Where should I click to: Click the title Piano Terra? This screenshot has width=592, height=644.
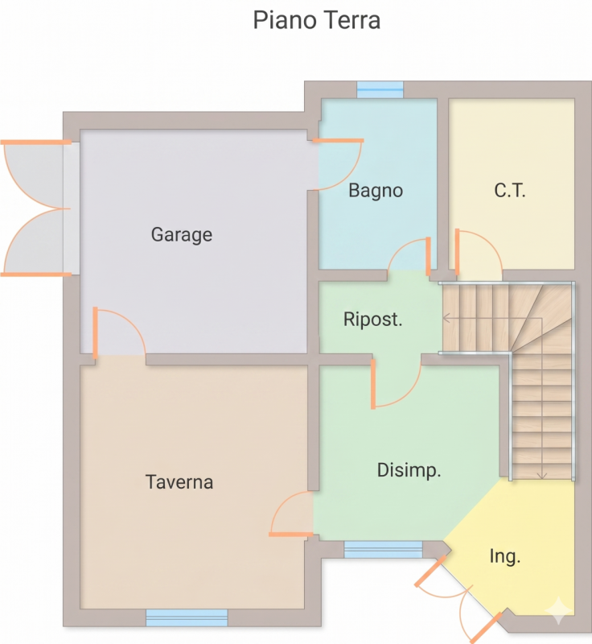tap(316, 20)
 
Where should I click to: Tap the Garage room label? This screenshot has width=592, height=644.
tap(182, 234)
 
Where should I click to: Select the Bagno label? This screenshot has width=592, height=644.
tap(376, 191)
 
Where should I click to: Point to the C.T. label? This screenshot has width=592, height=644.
tap(509, 191)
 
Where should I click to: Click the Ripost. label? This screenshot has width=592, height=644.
tap(372, 320)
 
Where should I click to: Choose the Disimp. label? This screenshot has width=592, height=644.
tap(409, 470)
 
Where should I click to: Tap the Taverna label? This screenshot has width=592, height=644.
tap(179, 482)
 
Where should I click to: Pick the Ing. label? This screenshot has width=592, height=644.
tap(505, 557)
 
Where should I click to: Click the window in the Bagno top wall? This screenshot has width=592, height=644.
tap(380, 89)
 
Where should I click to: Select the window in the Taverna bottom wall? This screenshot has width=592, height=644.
tap(187, 617)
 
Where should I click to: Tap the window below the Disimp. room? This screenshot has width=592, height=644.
tap(383, 550)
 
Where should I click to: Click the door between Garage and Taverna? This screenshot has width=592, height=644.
tap(119, 332)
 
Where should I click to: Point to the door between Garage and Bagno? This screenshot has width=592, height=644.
tap(338, 164)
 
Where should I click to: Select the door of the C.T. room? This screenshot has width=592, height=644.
tap(479, 253)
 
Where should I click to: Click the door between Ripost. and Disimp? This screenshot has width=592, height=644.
tap(396, 384)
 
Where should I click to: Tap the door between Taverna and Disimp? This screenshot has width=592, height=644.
tap(291, 514)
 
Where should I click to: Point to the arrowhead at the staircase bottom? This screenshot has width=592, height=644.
tap(542, 476)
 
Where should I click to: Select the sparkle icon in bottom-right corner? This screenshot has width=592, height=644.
tap(559, 612)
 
